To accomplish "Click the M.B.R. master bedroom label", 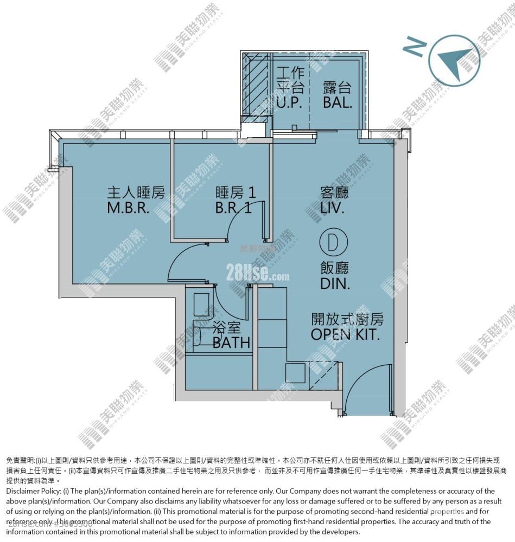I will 128,208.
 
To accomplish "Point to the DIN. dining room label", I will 335,283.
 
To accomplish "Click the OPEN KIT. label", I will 345,334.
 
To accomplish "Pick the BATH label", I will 232,343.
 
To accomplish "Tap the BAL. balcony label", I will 337,102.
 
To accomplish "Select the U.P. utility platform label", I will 289,102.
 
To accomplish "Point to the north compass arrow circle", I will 454,59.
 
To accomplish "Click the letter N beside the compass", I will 414,48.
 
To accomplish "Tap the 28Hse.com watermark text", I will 258,274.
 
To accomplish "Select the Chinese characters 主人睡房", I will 136,193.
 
